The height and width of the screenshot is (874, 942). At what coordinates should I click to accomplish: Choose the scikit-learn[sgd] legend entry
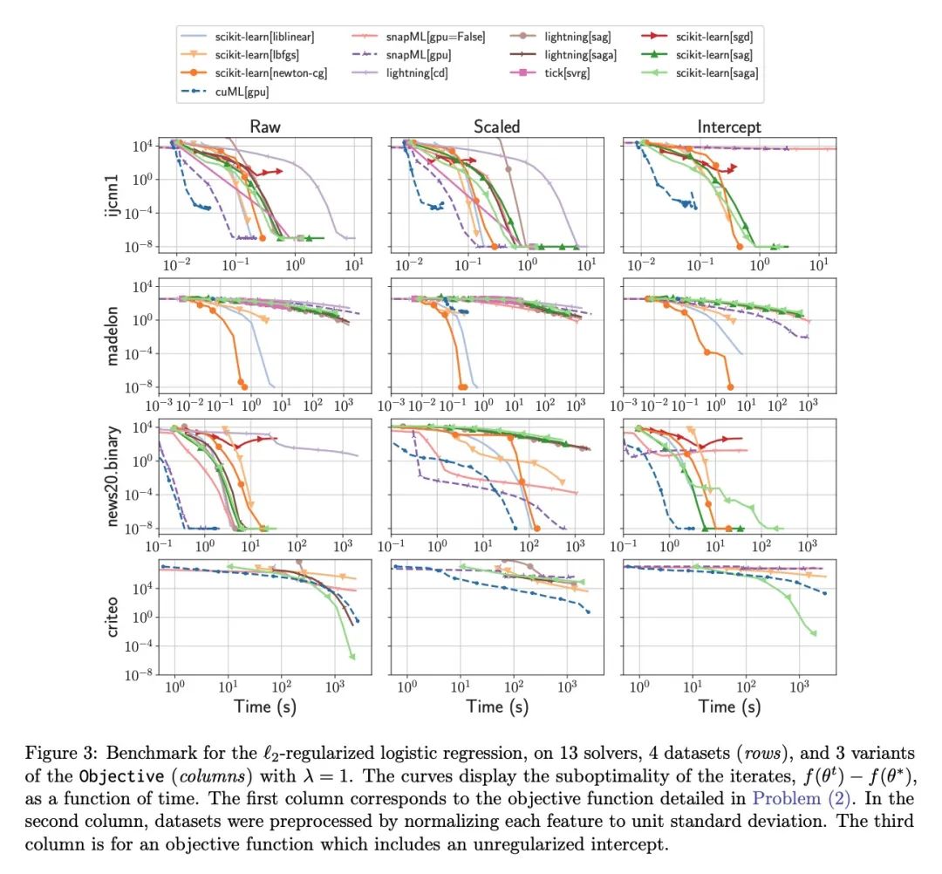click(x=713, y=37)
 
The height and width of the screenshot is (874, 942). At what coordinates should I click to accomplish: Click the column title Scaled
click(x=496, y=126)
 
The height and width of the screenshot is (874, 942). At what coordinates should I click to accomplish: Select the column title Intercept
click(x=729, y=126)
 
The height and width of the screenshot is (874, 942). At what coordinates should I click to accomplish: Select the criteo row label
click(x=114, y=617)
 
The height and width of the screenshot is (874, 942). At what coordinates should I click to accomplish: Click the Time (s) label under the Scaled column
click(x=496, y=707)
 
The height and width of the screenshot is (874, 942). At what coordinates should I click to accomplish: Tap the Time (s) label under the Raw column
click(x=264, y=707)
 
